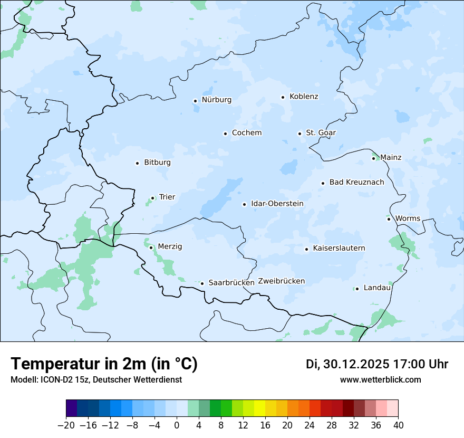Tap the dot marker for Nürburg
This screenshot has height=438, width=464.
click(195, 100)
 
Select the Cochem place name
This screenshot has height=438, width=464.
click(246, 133)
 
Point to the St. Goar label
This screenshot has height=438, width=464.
click(321, 133)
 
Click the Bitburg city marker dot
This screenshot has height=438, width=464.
click(137, 163)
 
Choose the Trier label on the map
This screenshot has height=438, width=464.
click(167, 197)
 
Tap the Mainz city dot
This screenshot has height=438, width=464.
click(373, 158)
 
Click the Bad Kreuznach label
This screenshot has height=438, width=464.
click(356, 183)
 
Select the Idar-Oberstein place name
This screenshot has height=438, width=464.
click(277, 204)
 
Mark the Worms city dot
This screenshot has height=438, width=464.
click(389, 219)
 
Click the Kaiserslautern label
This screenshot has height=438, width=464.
click(339, 249)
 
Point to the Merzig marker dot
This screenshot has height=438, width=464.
click(151, 247)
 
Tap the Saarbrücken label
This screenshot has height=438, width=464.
click(231, 283)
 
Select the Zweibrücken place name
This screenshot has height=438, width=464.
click(281, 281)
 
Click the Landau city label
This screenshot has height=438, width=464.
click(376, 288)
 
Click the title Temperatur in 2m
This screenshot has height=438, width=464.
click(104, 364)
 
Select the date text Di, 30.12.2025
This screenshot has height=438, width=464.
click(347, 364)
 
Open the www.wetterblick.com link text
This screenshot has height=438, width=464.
click(380, 380)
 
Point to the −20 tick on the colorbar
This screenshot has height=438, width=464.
click(66, 425)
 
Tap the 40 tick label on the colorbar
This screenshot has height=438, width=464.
click(398, 425)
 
